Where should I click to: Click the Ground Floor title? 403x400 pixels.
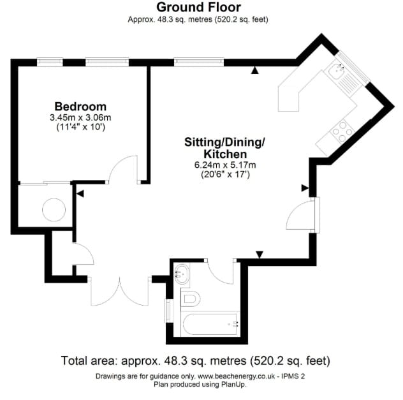(x=198, y=8)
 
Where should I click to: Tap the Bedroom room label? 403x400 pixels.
(x=80, y=106)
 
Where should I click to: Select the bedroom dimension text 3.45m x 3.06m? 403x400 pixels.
(x=80, y=117)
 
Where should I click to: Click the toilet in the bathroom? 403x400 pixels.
(x=191, y=298)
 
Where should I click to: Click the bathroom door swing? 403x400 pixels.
(x=223, y=272)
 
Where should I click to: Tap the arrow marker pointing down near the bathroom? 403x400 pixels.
(x=259, y=255)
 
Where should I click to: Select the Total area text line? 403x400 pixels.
(x=195, y=361)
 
